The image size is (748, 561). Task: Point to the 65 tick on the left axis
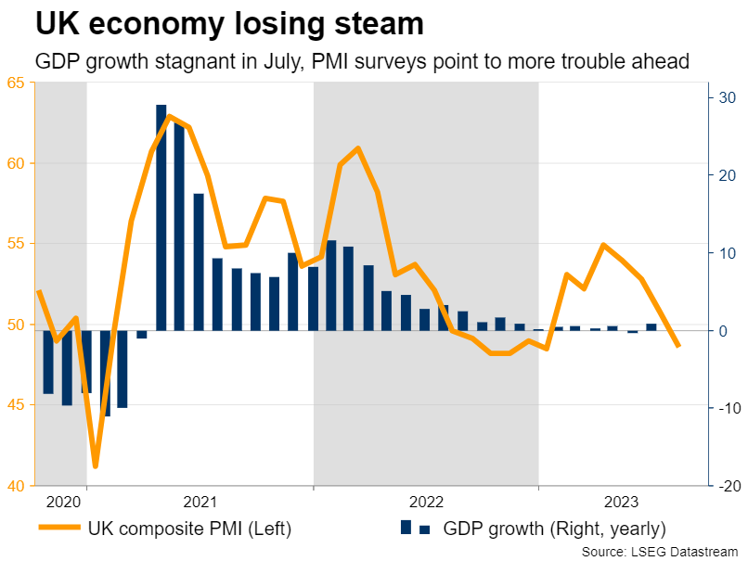coord(16,83)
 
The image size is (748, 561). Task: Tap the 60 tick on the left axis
coord(16,163)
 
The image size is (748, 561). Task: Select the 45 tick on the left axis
coord(16,404)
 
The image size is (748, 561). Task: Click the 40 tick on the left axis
coord(16,485)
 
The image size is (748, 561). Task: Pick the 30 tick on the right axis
coord(726,97)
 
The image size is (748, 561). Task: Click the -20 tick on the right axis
coord(724,485)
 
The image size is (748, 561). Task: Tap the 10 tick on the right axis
coord(726,252)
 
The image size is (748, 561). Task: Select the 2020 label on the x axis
coord(61,503)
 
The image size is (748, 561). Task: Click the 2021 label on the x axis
coord(200,503)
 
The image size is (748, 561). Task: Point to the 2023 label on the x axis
coord(620,503)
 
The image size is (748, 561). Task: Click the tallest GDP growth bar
coord(161,217)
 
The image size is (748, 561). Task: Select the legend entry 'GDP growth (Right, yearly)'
coord(554,529)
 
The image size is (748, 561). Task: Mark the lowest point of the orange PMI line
coord(95,466)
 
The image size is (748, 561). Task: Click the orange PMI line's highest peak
coord(170,117)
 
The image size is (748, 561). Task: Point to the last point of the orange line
coord(678,346)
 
